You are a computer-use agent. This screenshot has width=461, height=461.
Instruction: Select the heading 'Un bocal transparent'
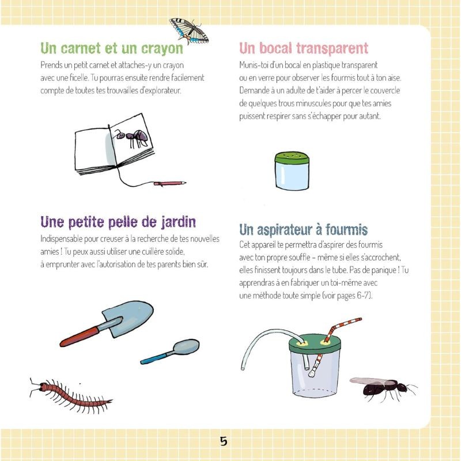tap(303, 48)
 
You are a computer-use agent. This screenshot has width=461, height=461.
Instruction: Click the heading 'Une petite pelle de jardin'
tap(118, 222)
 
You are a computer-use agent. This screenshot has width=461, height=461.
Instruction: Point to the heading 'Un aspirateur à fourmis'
tap(303, 230)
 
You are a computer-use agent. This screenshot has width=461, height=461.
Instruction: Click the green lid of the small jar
tap(292, 158)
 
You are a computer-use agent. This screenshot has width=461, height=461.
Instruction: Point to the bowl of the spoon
tap(186, 347)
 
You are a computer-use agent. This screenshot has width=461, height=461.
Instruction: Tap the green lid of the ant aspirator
tap(313, 341)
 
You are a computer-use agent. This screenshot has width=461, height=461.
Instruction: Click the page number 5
tap(224, 441)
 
